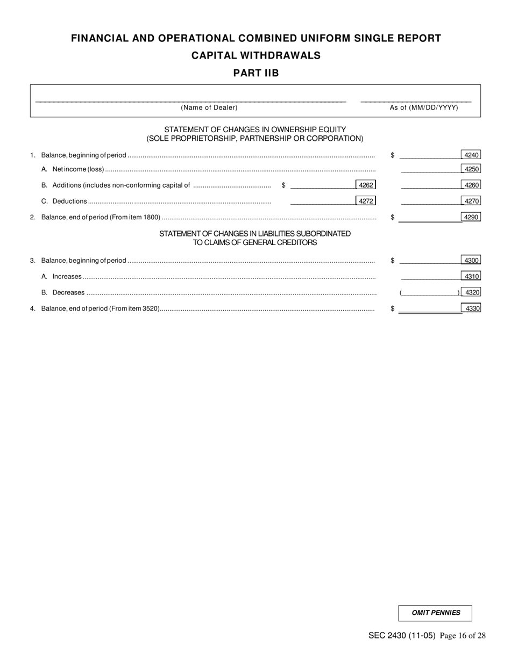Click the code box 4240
[x=471, y=155]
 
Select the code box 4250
[x=471, y=169]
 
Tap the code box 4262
[x=366, y=185]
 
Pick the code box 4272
[x=366, y=202]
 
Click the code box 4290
[x=471, y=217]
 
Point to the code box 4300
[x=471, y=261]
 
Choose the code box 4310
[x=471, y=276]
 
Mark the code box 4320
[x=472, y=292]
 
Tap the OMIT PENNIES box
[x=435, y=613]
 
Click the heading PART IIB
[x=256, y=74]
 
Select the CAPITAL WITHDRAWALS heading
[x=256, y=55]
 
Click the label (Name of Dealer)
[x=209, y=107]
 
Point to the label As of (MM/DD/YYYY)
[x=424, y=107]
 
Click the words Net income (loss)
[x=78, y=169]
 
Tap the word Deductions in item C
[x=69, y=202]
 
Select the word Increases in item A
[x=67, y=277]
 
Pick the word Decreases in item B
[x=68, y=293]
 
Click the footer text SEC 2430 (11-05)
[x=402, y=636]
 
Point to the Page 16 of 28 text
[x=463, y=636]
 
